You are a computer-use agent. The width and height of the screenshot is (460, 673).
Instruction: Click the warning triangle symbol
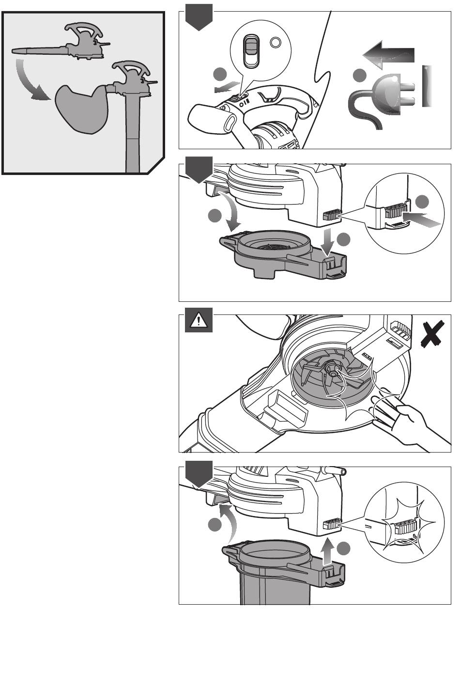[199, 321]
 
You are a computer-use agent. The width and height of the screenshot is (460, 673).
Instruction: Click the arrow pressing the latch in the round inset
[425, 220]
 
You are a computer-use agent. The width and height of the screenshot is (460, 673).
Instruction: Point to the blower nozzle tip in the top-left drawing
[15, 50]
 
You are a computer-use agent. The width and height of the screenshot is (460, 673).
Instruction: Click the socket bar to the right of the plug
[427, 86]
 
